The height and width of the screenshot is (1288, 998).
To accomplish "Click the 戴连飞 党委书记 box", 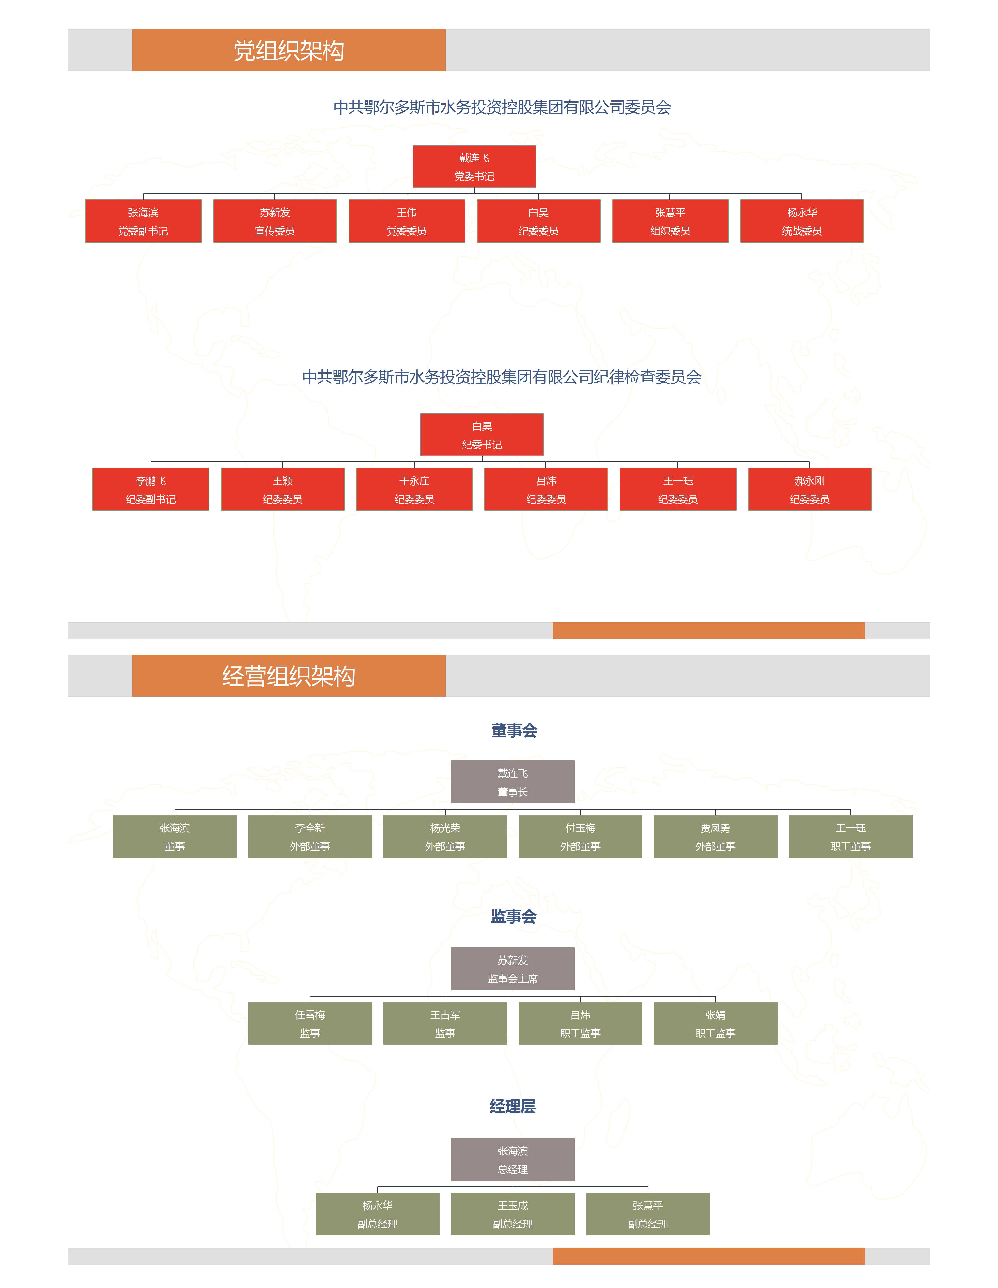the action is [474, 166].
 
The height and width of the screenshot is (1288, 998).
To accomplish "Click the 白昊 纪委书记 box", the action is [482, 435].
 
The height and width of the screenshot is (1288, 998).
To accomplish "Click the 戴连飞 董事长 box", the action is [512, 782].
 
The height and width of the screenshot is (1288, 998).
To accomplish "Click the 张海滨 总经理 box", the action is [512, 1159].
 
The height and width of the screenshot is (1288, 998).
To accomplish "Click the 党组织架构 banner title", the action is [289, 51].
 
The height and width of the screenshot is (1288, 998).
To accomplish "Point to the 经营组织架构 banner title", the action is [289, 676].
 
